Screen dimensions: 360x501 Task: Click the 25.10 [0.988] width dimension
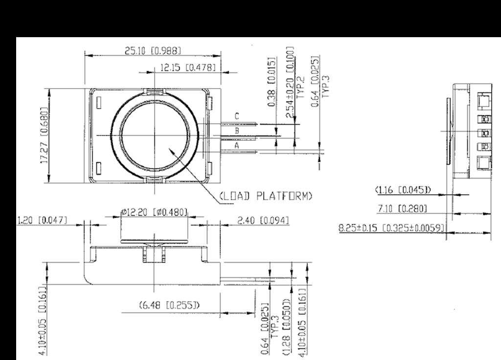point(153,50)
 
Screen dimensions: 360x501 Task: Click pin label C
point(237,116)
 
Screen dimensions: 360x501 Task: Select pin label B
point(237,131)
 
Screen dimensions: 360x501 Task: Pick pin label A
point(237,145)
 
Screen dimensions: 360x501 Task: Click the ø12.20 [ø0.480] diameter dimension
point(155,212)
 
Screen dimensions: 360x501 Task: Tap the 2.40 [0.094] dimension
point(263,221)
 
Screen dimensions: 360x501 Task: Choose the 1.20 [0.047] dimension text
point(43,221)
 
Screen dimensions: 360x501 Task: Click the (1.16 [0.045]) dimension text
point(403,189)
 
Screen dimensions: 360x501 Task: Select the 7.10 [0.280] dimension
point(403,209)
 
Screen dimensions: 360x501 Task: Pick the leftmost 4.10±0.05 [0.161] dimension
point(44,321)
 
